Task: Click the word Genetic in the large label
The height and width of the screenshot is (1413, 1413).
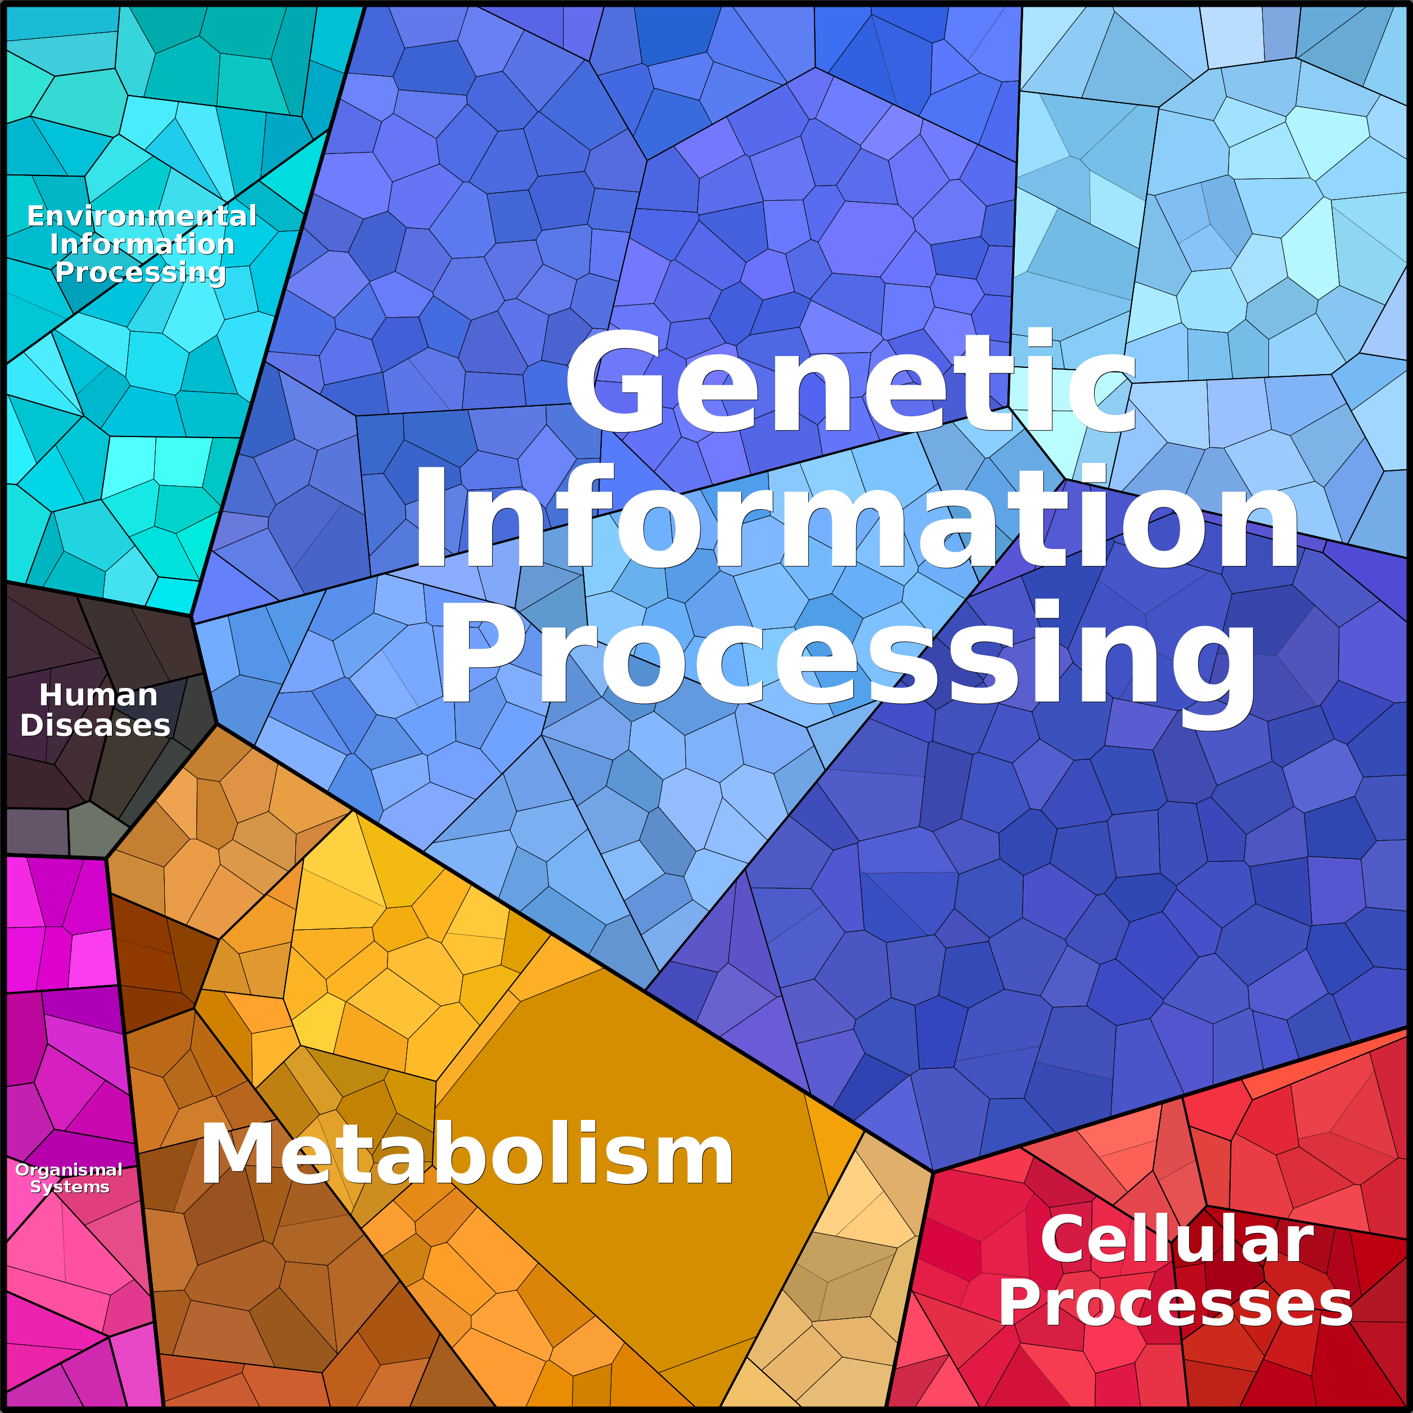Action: (848, 380)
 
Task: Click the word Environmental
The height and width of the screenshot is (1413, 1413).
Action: (142, 217)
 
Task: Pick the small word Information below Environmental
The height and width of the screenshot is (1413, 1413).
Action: (142, 244)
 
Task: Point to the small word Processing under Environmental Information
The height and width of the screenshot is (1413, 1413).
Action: (141, 272)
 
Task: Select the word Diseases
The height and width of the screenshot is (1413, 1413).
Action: (95, 726)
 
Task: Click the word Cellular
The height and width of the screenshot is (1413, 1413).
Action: (1177, 1239)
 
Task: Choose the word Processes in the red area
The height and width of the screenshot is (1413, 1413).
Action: (1176, 1303)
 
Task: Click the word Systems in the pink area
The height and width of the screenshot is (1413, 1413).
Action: (70, 1186)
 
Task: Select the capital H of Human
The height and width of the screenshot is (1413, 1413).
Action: (53, 695)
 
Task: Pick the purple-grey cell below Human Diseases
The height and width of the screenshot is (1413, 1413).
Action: (37, 831)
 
